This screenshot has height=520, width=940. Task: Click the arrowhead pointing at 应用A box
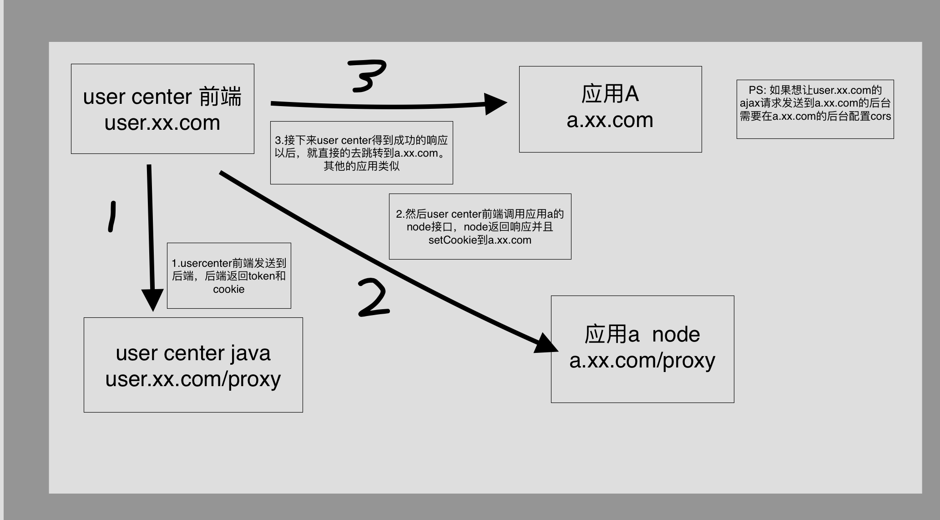[495, 104]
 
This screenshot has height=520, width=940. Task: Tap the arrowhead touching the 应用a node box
[546, 343]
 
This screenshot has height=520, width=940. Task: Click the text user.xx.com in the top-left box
[162, 123]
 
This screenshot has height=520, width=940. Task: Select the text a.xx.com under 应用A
[610, 120]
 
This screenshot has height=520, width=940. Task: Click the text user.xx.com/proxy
[193, 379]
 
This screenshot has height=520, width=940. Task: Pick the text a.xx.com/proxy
[642, 361]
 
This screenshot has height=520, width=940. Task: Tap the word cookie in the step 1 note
[229, 289]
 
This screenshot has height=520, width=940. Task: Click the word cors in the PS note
[881, 116]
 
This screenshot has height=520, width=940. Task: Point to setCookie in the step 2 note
[455, 240]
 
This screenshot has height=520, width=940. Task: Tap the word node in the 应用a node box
[676, 335]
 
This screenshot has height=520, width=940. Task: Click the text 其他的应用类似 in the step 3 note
[361, 166]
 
